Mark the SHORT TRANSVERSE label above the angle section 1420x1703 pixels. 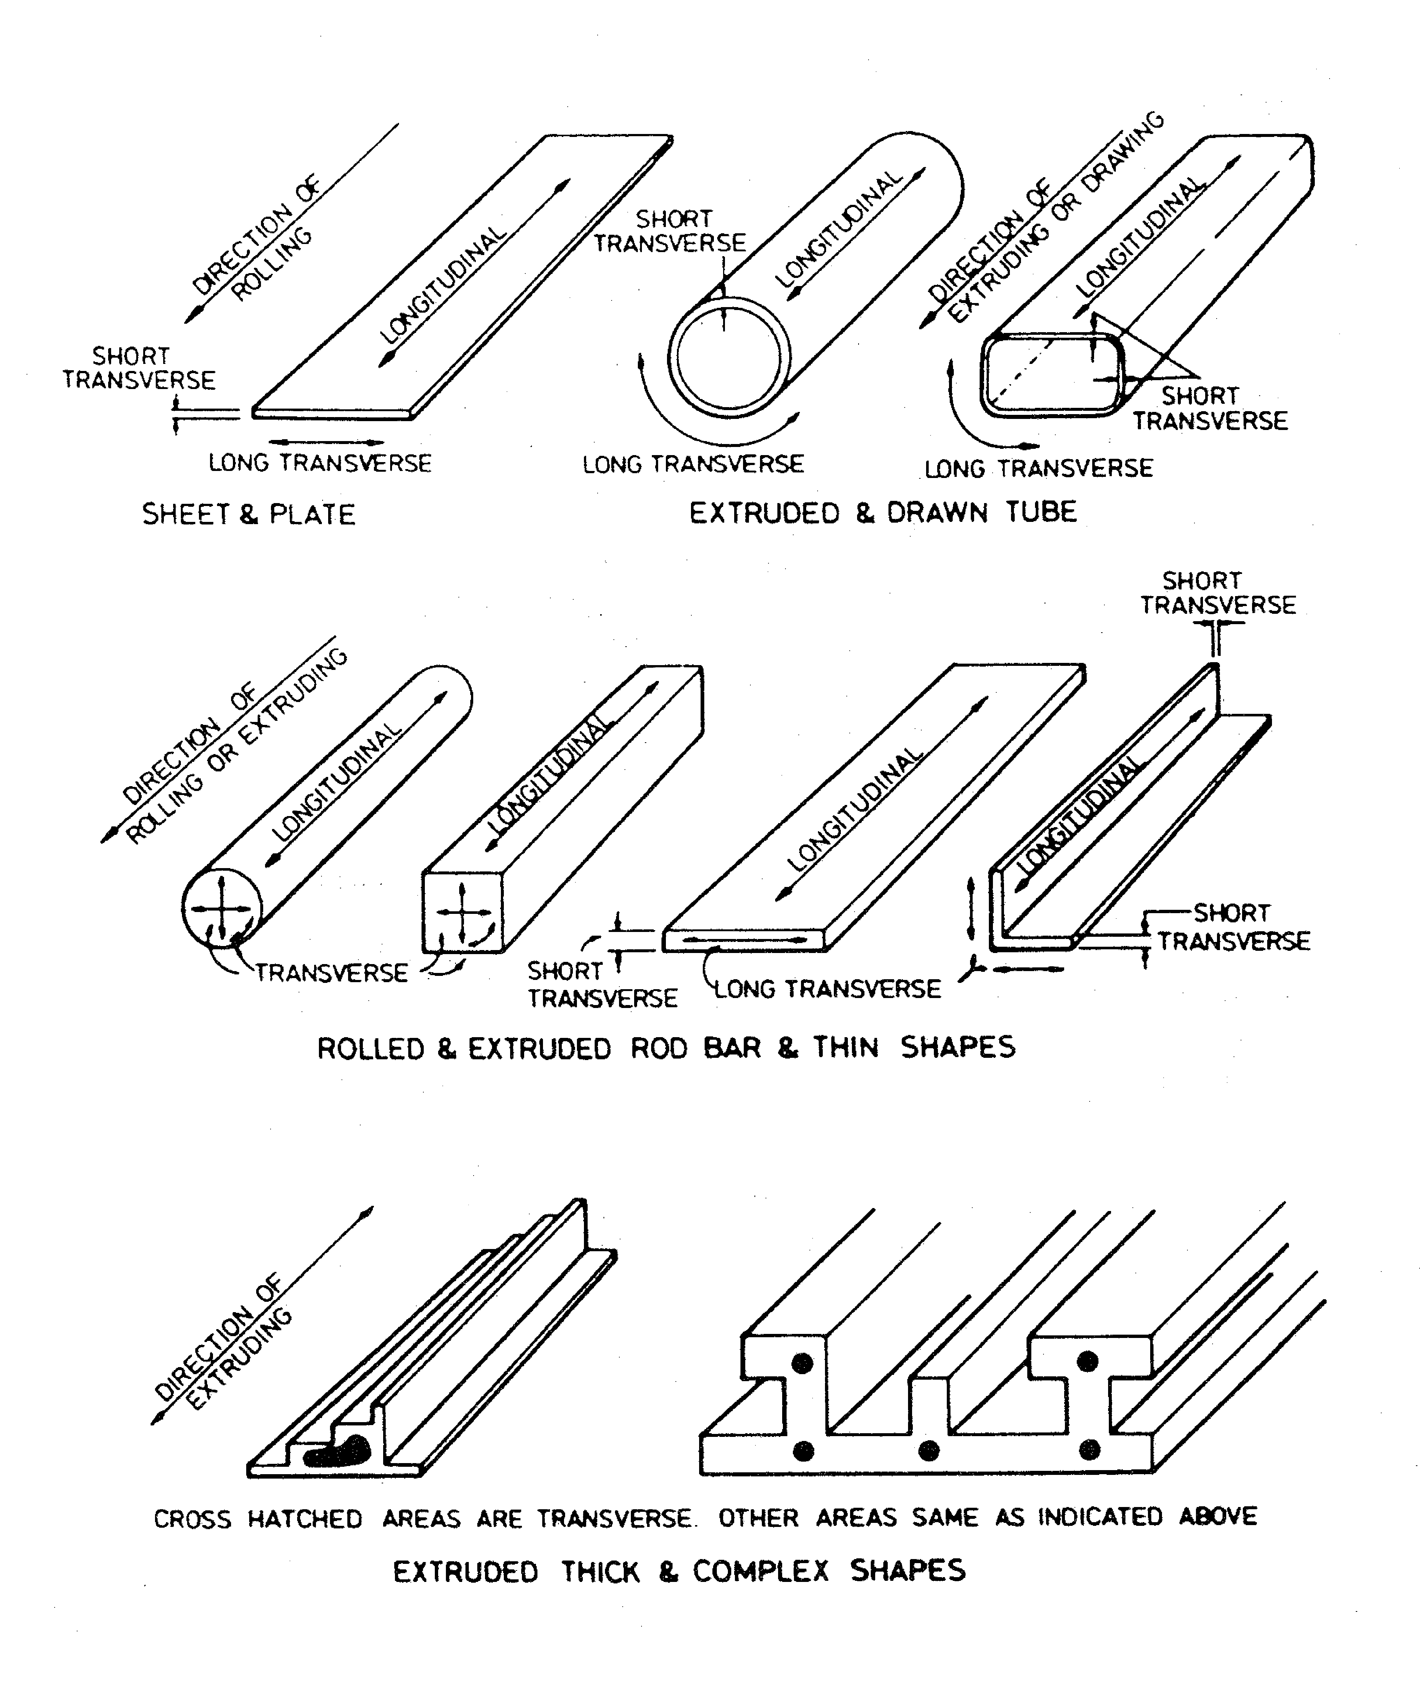1217,593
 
